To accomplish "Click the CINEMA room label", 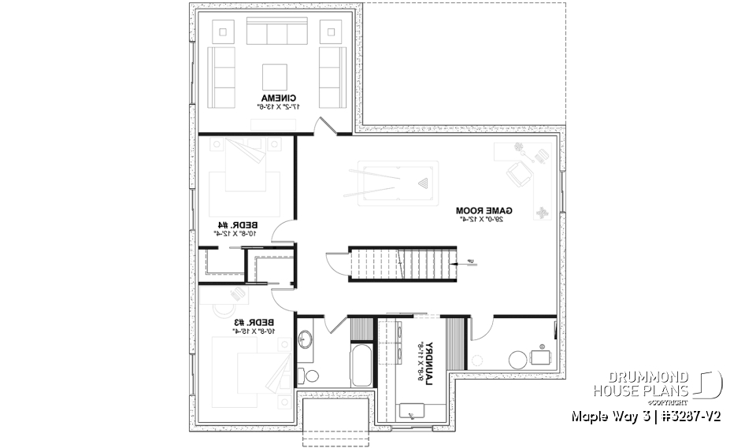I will pyautogui.click(x=274, y=98).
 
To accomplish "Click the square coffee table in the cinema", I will pyautogui.click(x=274, y=76).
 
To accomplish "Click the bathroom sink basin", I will pyautogui.click(x=306, y=339).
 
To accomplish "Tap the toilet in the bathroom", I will pyautogui.click(x=310, y=375).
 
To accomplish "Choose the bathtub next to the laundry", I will pyautogui.click(x=361, y=365).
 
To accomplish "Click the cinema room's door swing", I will pyautogui.click(x=324, y=126).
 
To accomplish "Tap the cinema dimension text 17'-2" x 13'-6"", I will pyautogui.click(x=274, y=107).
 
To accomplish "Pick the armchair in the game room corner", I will pyautogui.click(x=517, y=172).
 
